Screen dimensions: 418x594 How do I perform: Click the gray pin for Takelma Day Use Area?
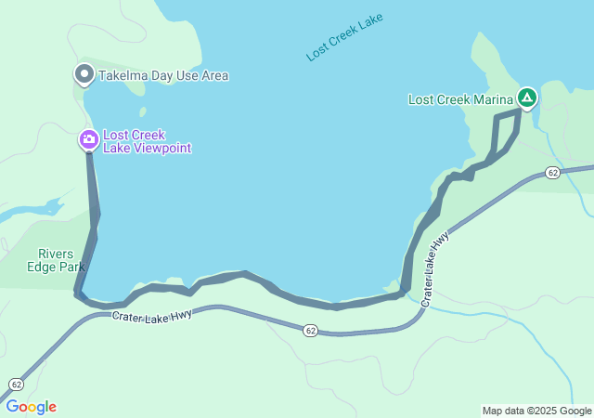point(84,73)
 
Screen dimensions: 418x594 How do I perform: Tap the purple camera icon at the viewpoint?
point(88,140)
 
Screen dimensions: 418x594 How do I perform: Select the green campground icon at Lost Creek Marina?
point(526,98)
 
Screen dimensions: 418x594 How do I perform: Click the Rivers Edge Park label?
point(61,260)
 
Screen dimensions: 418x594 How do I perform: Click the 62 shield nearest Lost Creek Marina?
point(552,173)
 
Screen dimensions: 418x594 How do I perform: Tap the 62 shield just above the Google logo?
point(17,384)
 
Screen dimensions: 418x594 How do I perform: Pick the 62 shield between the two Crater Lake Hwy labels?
point(310,330)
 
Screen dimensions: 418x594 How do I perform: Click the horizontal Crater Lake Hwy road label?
point(152,316)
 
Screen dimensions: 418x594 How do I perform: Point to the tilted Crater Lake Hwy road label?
point(435,269)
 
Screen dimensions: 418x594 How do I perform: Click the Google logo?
point(30,407)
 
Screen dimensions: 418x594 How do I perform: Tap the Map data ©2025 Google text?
point(536,411)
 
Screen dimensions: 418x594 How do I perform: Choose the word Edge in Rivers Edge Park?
point(61,267)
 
